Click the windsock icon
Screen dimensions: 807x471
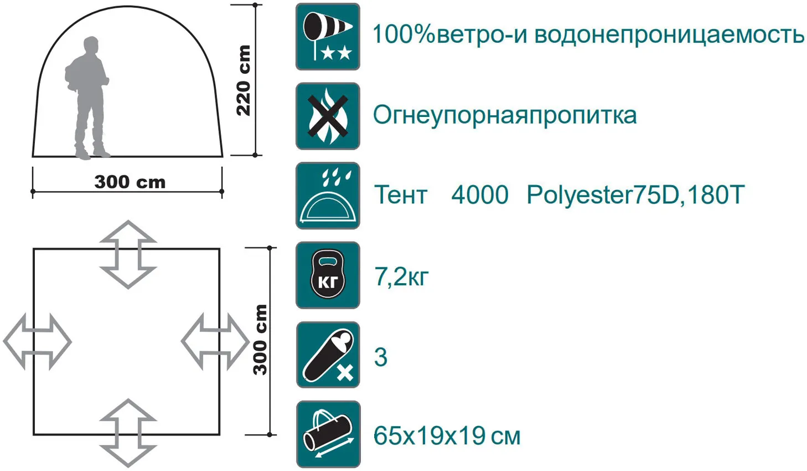click(328, 37)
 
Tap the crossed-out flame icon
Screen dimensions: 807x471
click(328, 116)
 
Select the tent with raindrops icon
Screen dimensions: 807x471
click(328, 196)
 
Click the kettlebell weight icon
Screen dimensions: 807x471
click(328, 275)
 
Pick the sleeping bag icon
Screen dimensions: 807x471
click(328, 355)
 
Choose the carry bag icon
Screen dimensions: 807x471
click(328, 434)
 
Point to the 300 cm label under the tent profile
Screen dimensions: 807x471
click(130, 182)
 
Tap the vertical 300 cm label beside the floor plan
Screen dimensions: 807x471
click(260, 340)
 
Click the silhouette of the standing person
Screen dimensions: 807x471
click(88, 98)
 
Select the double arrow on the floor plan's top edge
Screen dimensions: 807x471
click(128, 254)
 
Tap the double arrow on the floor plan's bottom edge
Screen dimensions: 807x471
click(128, 433)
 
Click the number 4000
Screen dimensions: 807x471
click(480, 194)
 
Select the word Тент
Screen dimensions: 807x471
click(401, 194)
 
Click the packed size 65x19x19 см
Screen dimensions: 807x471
click(447, 436)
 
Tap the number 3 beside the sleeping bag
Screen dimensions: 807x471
click(381, 357)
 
